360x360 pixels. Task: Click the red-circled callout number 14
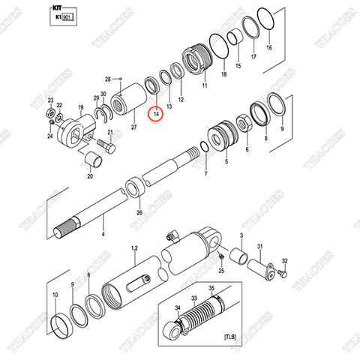[157, 114]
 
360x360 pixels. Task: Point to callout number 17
[253, 57]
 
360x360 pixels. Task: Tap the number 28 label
[108, 79]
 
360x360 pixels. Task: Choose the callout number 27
[133, 127]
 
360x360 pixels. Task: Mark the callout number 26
[139, 212]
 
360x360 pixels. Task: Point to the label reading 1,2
[135, 248]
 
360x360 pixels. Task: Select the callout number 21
[109, 133]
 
